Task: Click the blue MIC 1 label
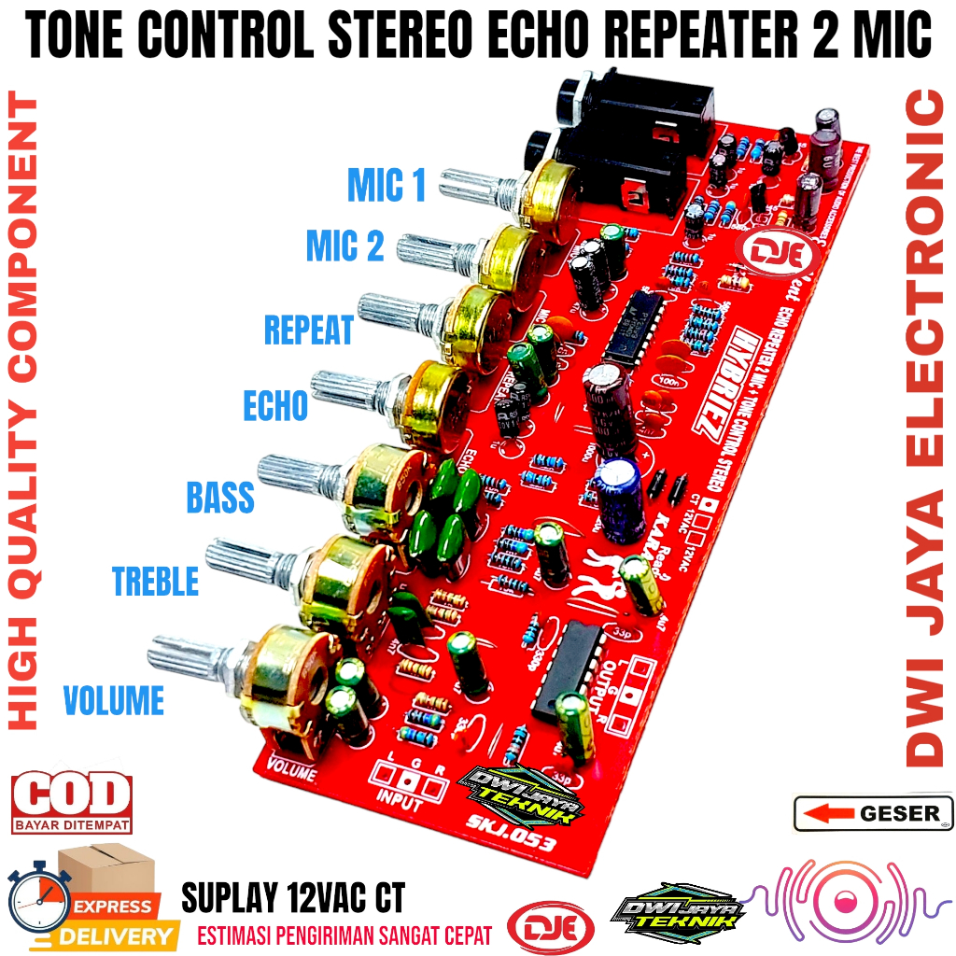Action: coord(387,185)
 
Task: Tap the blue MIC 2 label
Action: coord(345,246)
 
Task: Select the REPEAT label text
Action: coord(309,330)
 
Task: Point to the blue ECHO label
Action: coord(275,406)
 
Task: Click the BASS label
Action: coord(220,498)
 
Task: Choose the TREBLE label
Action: coord(156,582)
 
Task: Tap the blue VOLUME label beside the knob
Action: coord(113,699)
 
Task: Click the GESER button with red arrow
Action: coord(873,813)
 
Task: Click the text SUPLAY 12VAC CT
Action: coord(293,899)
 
